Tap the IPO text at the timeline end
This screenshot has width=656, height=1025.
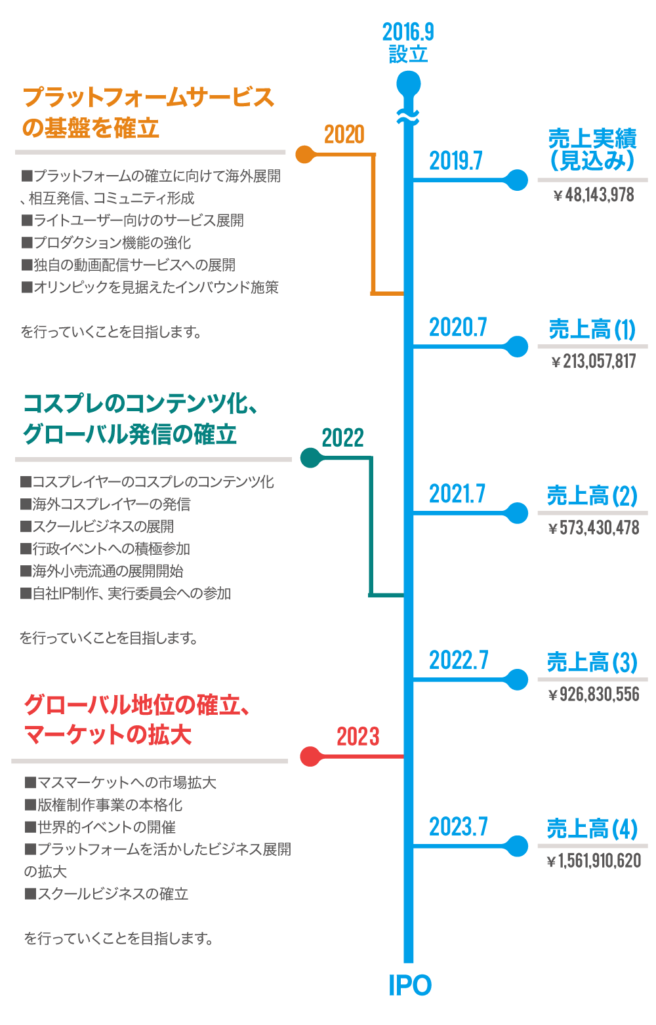(410, 986)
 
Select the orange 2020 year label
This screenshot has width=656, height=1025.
(344, 135)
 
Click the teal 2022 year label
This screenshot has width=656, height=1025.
(342, 438)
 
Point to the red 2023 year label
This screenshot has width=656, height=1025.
(358, 737)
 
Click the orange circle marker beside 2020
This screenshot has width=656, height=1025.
(304, 155)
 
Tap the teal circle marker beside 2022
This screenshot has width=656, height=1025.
(308, 458)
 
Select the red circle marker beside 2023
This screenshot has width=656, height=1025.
(309, 757)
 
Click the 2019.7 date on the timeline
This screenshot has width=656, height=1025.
(456, 161)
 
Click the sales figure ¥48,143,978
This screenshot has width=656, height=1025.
(594, 195)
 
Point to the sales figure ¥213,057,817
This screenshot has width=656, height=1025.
(594, 361)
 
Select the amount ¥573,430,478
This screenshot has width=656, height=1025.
(594, 528)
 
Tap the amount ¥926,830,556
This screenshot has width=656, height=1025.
(594, 694)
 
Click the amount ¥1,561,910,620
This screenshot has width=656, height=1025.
(594, 861)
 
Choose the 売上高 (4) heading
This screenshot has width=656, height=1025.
(592, 829)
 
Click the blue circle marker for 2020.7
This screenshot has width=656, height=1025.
(518, 347)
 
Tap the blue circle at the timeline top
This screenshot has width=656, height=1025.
(408, 84)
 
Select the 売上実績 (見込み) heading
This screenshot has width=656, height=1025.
(592, 150)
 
